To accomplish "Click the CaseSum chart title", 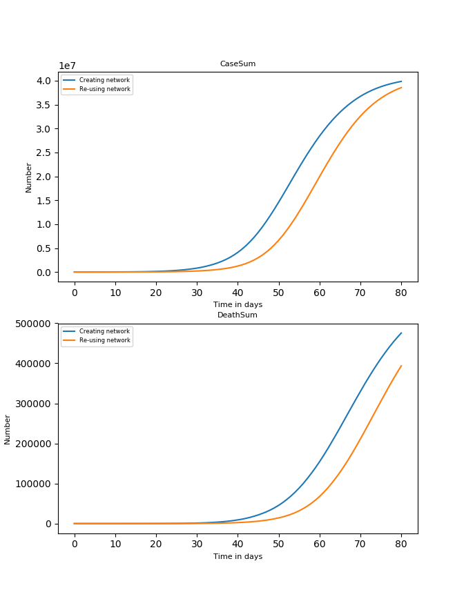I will click(x=238, y=64).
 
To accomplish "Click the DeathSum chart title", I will click(x=238, y=315).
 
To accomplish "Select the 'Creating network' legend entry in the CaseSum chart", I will click(x=104, y=80).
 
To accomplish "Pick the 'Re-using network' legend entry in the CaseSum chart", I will click(x=104, y=89).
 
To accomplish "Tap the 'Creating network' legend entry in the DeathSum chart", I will click(x=104, y=331).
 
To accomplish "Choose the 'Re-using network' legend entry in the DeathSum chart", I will click(x=104, y=340).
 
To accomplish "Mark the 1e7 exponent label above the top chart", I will click(x=67, y=66).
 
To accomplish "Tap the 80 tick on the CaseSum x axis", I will click(x=401, y=292).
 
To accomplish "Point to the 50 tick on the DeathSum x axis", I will click(x=279, y=544).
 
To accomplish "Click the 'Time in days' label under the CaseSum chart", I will click(x=238, y=304).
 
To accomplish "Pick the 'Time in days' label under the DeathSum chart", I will click(x=238, y=556).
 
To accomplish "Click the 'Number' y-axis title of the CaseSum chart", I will click(x=29, y=177).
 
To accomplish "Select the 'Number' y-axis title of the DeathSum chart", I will click(x=8, y=429).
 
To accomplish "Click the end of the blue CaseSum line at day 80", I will click(x=401, y=81).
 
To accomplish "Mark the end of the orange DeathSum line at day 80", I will click(x=401, y=366).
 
